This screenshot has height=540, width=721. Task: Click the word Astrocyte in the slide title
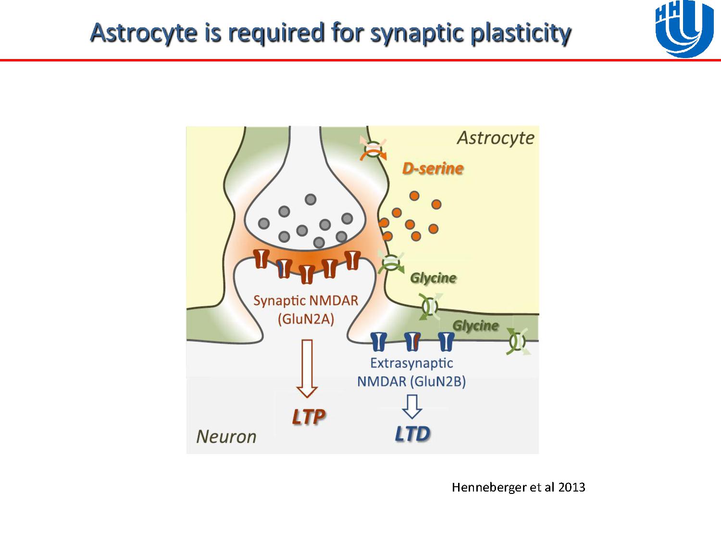coord(143,32)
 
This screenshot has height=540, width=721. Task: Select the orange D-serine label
coord(433,168)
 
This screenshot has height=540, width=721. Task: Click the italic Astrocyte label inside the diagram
coord(496,138)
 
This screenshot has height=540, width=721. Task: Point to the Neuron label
coord(226,436)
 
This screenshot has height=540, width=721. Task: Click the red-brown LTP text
coord(308,417)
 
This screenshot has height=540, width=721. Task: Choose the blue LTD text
coord(412,434)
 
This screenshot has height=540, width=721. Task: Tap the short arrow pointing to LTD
coord(412,406)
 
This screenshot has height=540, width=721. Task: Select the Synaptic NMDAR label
coord(306,301)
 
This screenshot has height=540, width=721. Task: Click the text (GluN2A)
coord(306,319)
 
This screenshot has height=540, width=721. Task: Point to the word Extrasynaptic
coord(411,363)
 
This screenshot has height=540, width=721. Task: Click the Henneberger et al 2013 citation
coord(518,488)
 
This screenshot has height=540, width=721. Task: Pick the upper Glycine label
coord(433,278)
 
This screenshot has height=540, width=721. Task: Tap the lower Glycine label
coord(475,325)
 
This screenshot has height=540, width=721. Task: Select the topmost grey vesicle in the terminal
coord(311,199)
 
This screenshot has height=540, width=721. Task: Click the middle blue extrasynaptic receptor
coord(412,341)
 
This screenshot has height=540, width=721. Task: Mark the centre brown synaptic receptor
coord(307,274)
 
